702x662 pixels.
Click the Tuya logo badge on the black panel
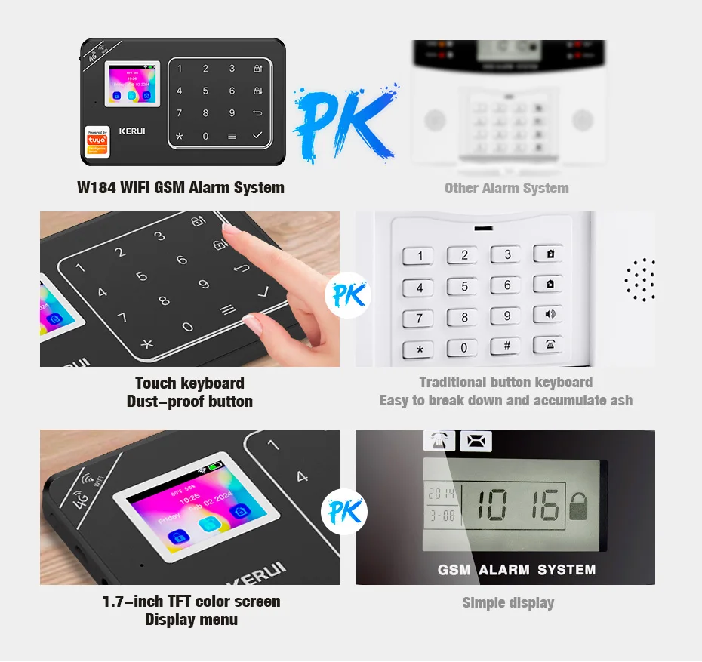pyautogui.click(x=97, y=141)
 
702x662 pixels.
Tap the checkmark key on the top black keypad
pyautogui.click(x=258, y=136)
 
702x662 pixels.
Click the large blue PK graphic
pyautogui.click(x=343, y=122)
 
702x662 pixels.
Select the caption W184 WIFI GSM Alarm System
pyautogui.click(x=181, y=188)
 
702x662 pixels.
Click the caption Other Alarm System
pyautogui.click(x=506, y=188)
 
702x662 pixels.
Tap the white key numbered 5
pyautogui.click(x=463, y=286)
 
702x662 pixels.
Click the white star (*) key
pyautogui.click(x=419, y=349)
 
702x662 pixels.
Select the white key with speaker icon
pyautogui.click(x=549, y=315)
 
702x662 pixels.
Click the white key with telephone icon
pyautogui.click(x=549, y=345)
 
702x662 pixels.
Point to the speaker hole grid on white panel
pyautogui.click(x=640, y=280)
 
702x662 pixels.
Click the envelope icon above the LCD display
pyautogui.click(x=476, y=442)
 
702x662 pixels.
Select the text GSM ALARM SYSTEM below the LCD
pyautogui.click(x=516, y=569)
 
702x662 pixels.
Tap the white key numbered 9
pyautogui.click(x=506, y=316)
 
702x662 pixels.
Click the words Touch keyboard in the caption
pyautogui.click(x=189, y=383)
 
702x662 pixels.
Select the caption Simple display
pyautogui.click(x=508, y=602)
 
